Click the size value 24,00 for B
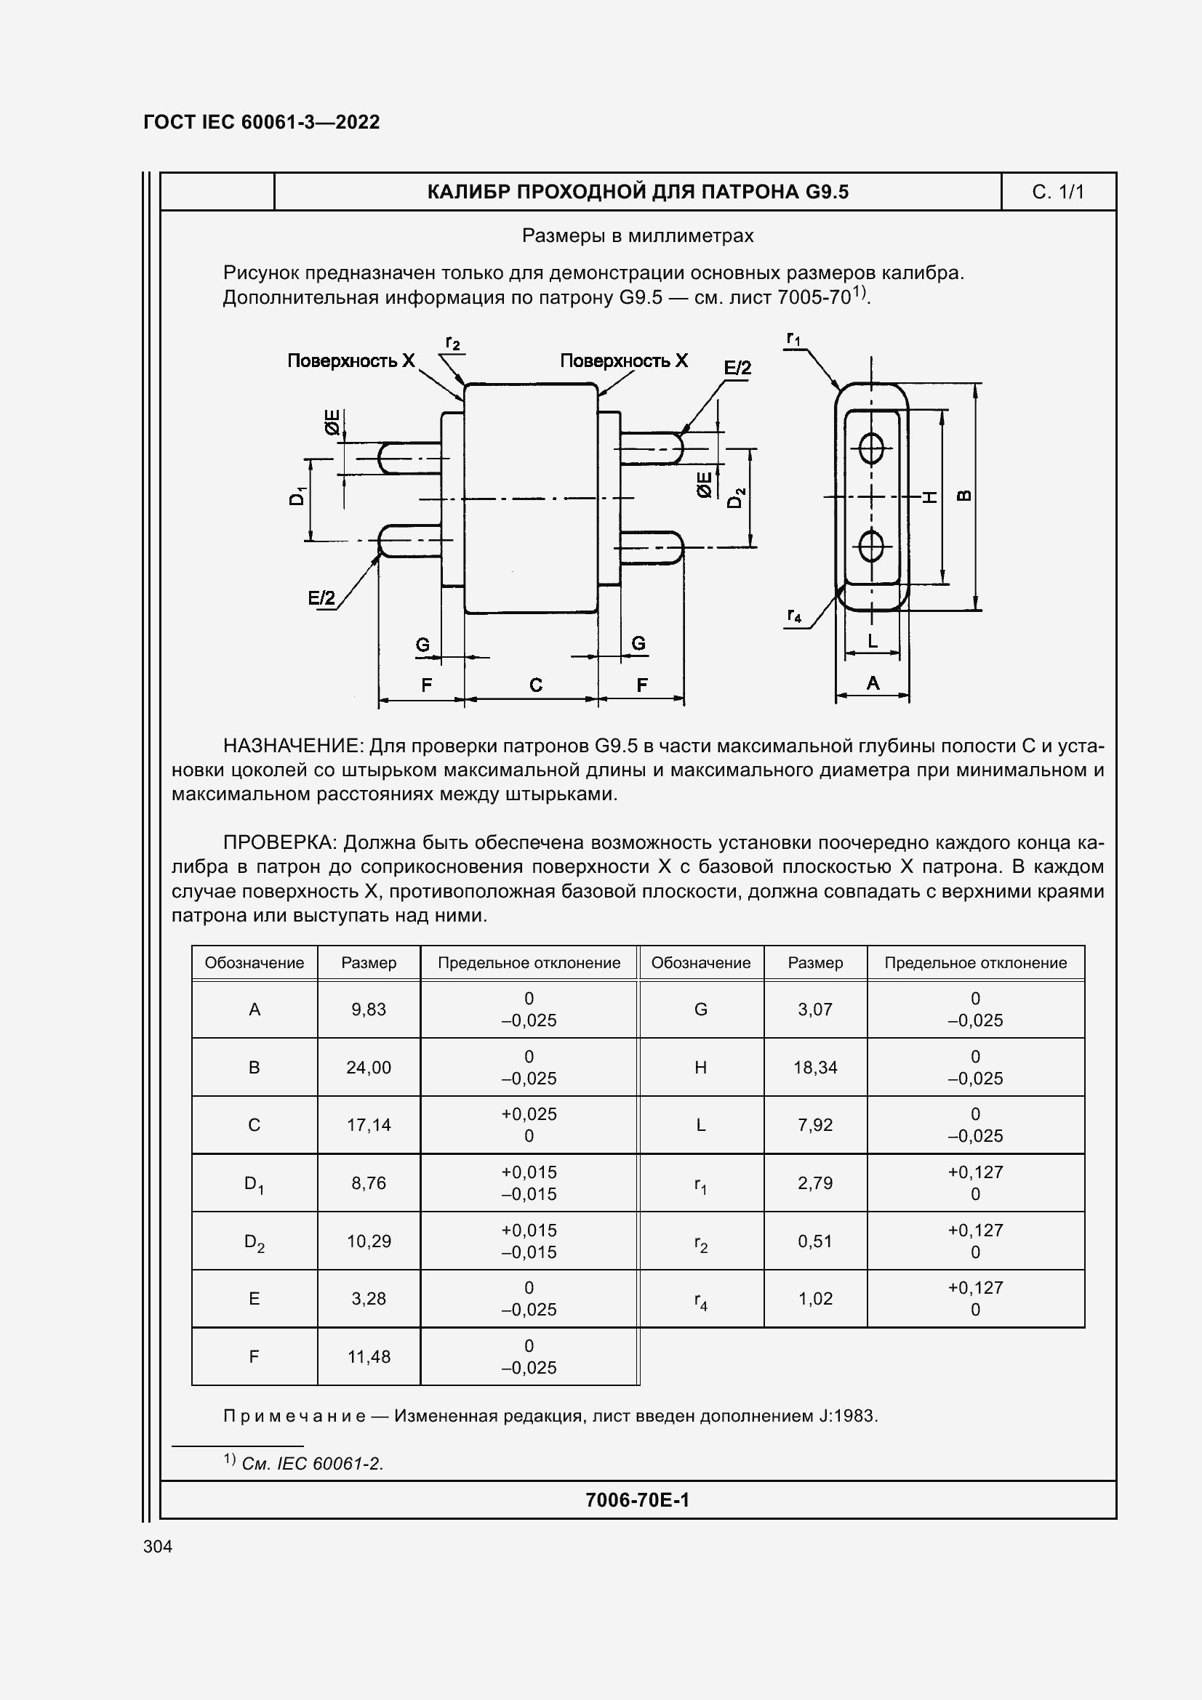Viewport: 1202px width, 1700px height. click(368, 1067)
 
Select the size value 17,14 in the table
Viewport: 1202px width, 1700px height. click(368, 1124)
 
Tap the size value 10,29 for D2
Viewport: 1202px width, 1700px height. click(368, 1241)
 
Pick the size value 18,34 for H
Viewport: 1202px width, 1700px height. click(814, 1067)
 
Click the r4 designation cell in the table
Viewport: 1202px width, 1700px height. click(700, 1300)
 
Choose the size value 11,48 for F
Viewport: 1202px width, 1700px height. click(368, 1356)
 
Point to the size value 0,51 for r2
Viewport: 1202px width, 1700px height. click(814, 1241)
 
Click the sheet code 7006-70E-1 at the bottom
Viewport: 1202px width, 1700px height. click(637, 1500)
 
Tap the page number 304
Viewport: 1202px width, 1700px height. click(158, 1546)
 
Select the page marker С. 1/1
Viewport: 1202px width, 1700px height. click(1057, 192)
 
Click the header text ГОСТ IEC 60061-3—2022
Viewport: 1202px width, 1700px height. click(262, 122)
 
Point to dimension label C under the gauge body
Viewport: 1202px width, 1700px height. click(535, 685)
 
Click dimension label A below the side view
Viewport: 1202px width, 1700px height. click(873, 682)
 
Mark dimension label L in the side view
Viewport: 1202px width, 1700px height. click(873, 640)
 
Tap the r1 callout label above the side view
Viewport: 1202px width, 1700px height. click(793, 339)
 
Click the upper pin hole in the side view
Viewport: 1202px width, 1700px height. click(872, 447)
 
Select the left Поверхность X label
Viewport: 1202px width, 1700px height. click(351, 360)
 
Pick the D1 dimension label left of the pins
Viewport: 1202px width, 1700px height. click(297, 496)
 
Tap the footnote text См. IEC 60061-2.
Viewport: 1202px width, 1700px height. click(312, 1463)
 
